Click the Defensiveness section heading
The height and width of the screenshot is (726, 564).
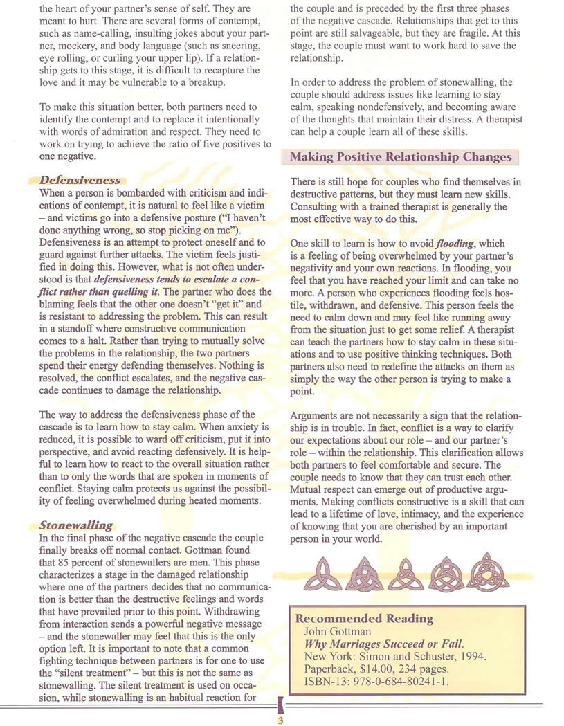(80, 180)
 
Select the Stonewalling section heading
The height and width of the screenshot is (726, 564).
(76, 525)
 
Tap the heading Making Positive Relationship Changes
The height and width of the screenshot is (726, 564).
(401, 156)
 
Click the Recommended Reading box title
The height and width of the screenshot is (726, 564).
(364, 618)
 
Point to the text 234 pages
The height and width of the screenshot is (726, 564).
(429, 669)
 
